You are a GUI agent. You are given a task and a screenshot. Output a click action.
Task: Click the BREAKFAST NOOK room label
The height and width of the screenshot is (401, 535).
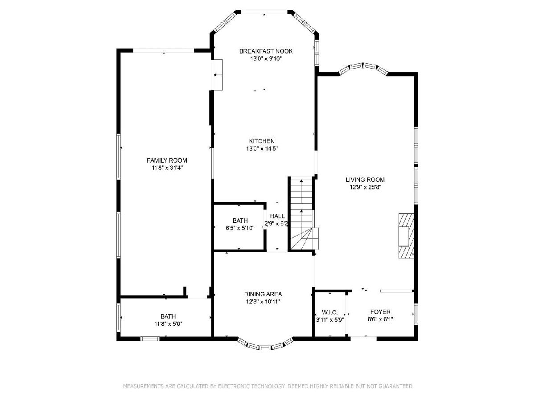[266, 51]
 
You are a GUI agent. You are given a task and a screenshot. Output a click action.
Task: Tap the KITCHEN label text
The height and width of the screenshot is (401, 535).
[262, 141]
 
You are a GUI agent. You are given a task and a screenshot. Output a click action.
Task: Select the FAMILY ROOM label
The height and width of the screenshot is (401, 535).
[167, 160]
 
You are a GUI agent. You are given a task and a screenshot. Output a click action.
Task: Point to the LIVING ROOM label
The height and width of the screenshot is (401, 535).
[365, 180]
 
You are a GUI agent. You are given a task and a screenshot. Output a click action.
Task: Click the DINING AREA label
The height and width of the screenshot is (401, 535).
[263, 294]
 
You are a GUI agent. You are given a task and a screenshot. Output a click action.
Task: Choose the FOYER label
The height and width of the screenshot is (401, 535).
[380, 312]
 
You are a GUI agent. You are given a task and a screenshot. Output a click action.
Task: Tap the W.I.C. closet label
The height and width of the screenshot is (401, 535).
[330, 312]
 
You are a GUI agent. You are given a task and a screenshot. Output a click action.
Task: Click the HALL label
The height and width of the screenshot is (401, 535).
[277, 216]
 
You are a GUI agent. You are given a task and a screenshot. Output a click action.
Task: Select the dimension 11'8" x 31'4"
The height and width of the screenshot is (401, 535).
[167, 168]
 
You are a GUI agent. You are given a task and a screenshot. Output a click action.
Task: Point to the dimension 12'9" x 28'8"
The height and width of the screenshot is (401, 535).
[365, 187]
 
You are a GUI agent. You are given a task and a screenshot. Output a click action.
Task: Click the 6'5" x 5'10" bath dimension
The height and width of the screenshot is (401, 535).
[240, 228]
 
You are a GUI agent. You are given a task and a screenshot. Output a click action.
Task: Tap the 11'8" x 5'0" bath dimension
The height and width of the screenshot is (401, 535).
[168, 324]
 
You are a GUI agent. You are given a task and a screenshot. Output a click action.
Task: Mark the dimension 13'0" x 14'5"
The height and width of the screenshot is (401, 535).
[262, 148]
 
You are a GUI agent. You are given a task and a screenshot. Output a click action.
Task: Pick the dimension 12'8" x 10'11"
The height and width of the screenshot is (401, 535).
[263, 302]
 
